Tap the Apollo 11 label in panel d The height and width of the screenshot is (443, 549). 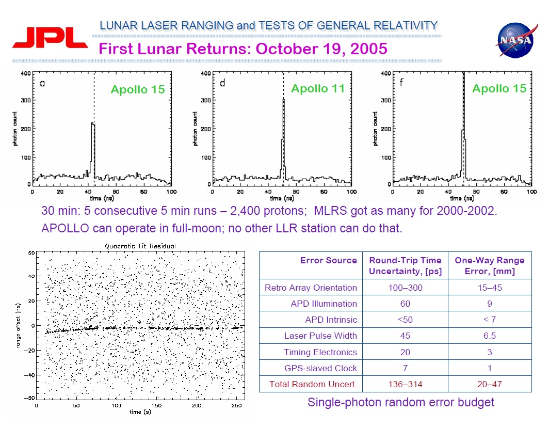point(317,89)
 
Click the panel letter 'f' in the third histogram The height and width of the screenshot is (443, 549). point(401,83)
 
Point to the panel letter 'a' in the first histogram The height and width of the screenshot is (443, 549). point(42,83)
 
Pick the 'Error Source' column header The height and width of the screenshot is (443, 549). point(328,260)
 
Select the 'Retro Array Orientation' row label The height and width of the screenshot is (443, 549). point(311,288)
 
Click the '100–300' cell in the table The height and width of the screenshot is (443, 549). point(405,288)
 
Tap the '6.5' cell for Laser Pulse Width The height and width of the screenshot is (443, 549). point(489,336)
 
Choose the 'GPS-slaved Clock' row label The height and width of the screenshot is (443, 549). point(320,368)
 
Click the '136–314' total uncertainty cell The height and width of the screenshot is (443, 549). point(405,384)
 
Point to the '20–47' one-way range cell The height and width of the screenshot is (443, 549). point(489,384)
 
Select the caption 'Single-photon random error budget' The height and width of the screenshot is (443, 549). point(400,402)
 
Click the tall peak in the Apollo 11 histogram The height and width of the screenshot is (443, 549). point(283,134)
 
